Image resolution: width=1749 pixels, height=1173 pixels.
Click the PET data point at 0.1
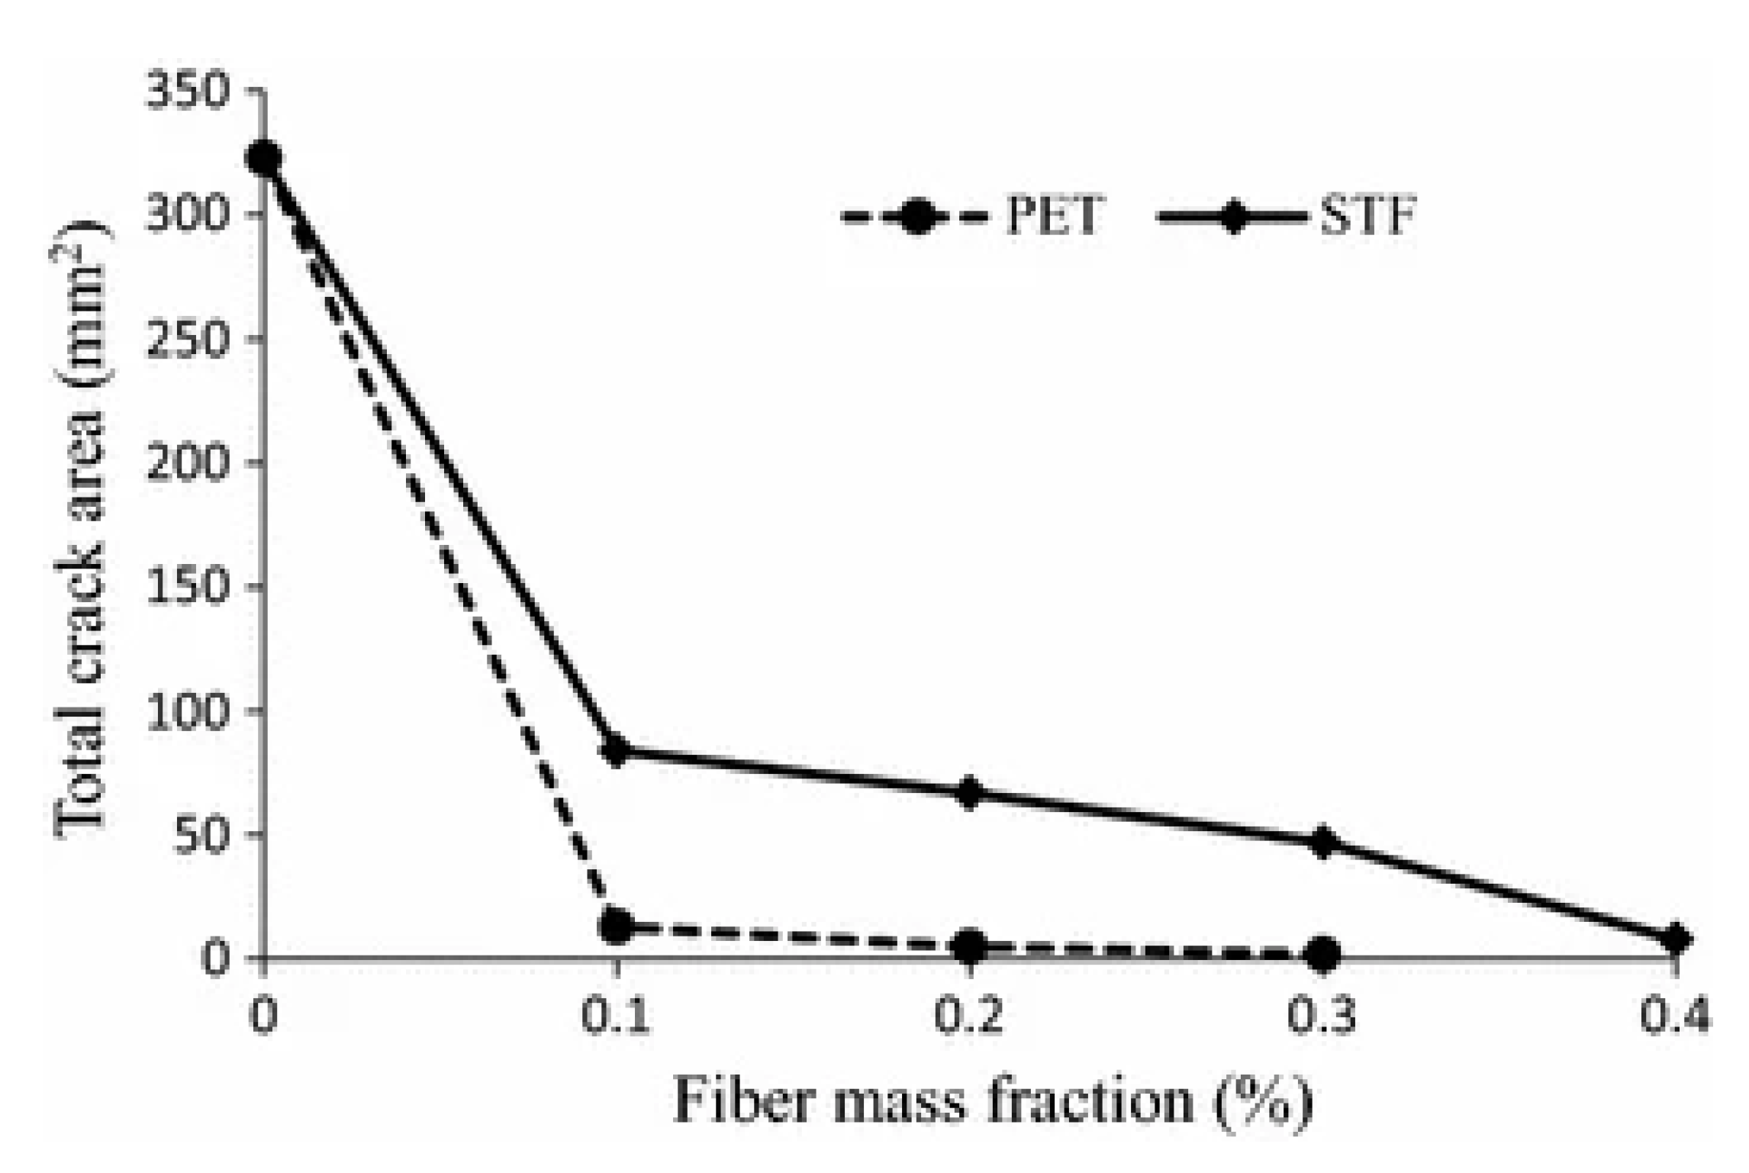(617, 926)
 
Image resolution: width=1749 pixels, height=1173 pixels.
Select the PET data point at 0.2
(970, 946)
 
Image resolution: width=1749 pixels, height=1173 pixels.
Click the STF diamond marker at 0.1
(617, 750)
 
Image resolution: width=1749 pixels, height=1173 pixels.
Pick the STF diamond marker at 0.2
(970, 793)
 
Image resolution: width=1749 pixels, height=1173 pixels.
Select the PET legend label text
(1054, 217)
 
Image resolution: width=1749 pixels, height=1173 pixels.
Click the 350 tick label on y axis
(188, 92)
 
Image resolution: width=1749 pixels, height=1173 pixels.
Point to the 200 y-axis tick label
(188, 462)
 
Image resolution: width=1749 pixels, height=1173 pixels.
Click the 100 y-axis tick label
(188, 710)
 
